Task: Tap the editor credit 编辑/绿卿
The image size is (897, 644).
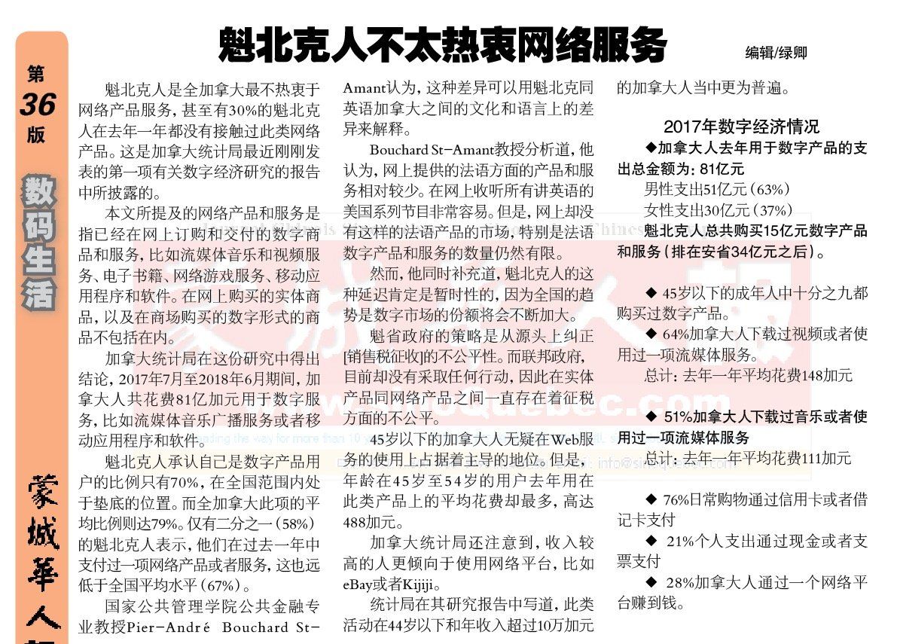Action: click(776, 53)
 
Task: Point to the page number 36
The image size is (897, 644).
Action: click(38, 105)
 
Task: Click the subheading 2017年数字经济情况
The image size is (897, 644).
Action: click(741, 126)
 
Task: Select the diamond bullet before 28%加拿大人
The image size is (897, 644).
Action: click(652, 582)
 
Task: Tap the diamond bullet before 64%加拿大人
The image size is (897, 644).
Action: click(652, 333)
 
